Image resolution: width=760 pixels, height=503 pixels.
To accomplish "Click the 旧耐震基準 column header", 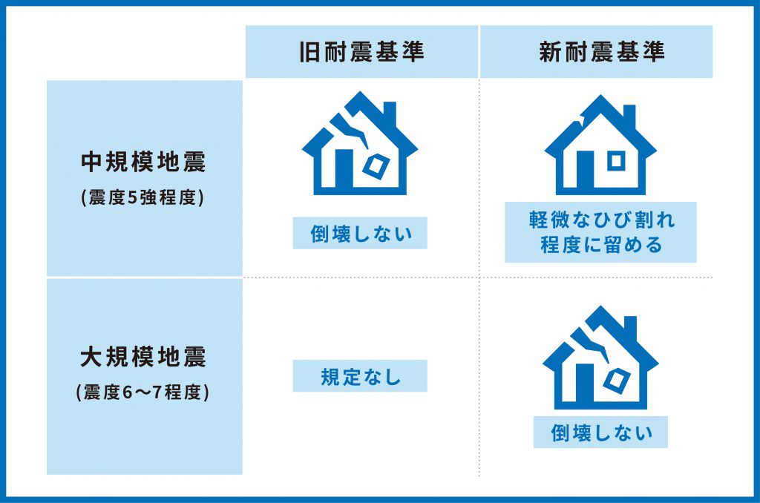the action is click(361, 52).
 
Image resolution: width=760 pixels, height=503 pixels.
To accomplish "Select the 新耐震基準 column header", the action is click(601, 52).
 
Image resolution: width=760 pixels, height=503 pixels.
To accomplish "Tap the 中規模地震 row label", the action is click(143, 162).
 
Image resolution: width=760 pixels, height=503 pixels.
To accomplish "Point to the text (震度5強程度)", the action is click(143, 197).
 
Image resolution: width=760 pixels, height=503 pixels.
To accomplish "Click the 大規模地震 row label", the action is click(143, 357).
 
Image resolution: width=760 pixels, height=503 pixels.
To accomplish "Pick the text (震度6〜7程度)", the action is click(143, 392).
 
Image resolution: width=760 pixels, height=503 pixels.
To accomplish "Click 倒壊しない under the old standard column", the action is click(361, 234).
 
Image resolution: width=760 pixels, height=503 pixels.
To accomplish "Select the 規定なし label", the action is click(361, 377).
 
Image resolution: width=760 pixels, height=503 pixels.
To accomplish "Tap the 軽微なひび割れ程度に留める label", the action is click(601, 232).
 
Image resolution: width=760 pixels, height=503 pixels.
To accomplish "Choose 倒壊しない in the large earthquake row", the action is click(601, 433).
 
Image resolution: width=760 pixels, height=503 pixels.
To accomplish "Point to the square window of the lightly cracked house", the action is click(616, 160).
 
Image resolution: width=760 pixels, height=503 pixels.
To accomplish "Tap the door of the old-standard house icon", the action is click(344, 171).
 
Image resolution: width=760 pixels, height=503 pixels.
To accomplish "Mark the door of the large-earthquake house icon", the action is click(585, 387).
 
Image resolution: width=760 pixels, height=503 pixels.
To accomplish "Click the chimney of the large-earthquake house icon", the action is click(630, 329).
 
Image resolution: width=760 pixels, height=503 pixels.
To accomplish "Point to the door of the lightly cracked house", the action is click(585, 173).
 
